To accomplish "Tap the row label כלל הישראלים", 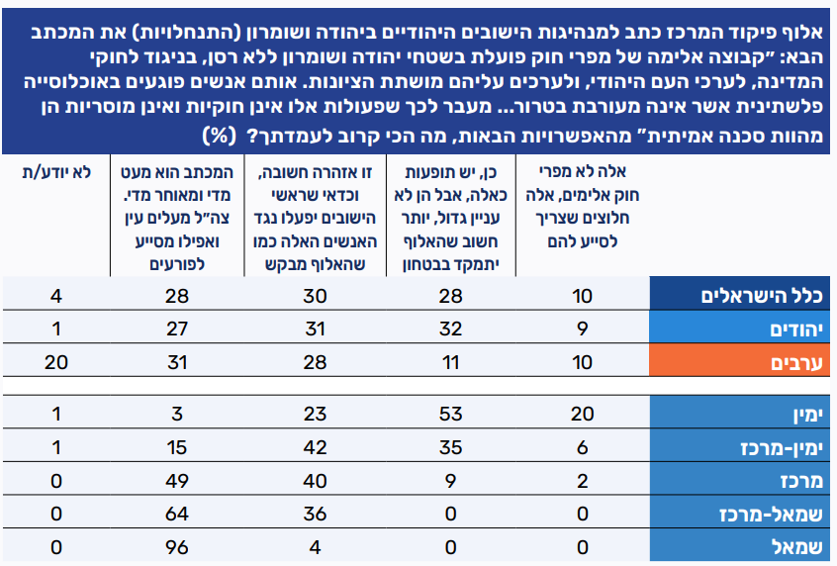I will point(755,295).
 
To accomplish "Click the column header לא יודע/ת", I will point(56,172).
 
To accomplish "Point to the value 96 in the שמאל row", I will point(179,547).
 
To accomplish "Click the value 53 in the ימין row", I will point(449,412).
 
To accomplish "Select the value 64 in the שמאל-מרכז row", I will point(179,514).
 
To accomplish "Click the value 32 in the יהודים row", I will point(449,329).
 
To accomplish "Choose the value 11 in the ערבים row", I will point(449,363).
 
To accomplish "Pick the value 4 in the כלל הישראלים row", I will point(56,295).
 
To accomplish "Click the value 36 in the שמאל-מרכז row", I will point(314,514).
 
